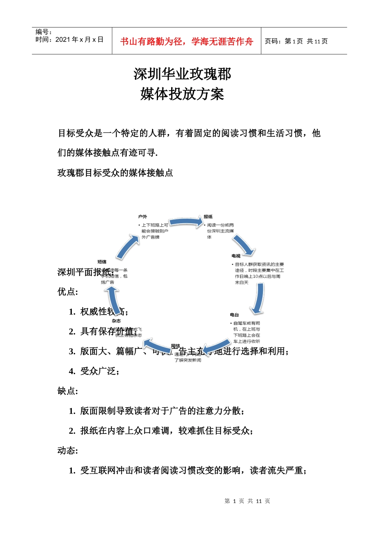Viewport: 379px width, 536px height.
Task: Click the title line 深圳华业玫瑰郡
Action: (182, 74)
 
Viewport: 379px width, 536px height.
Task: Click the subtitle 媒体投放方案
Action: (182, 94)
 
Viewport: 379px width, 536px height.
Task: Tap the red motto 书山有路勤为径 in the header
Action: (186, 41)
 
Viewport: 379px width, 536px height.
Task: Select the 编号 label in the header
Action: (43, 32)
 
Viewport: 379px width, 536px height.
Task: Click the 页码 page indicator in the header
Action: (296, 41)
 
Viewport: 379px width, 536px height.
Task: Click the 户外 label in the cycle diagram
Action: (142, 217)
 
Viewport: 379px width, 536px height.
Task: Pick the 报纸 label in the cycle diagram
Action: (208, 217)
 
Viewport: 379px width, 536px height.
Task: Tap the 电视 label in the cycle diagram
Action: (236, 256)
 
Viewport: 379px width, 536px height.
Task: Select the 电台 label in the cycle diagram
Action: (234, 315)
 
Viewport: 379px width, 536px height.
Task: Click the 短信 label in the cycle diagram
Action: (102, 262)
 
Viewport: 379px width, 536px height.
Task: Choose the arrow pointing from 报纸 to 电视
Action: (244, 244)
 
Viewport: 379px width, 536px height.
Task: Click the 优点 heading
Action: (67, 292)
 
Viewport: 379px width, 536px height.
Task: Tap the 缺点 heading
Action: (67, 391)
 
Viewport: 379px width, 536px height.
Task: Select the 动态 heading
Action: (67, 450)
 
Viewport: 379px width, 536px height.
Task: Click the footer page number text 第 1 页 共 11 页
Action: (247, 501)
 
